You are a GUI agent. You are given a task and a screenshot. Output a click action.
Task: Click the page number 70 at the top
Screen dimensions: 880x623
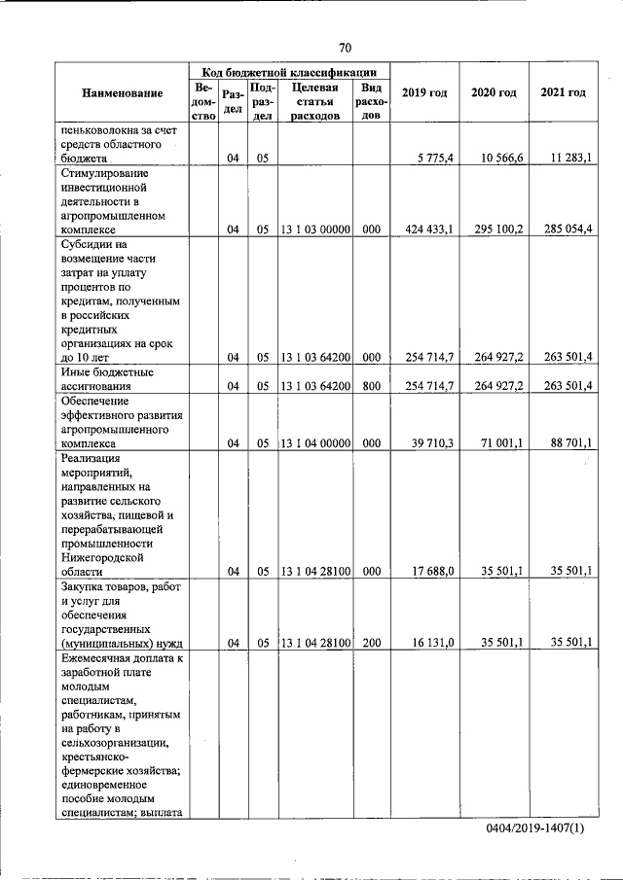point(345,48)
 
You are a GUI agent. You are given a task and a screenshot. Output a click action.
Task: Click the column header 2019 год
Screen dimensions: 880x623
point(424,92)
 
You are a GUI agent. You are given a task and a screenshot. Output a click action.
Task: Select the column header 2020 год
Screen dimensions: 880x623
point(494,92)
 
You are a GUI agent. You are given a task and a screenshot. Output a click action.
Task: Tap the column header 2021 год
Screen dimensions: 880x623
point(562,92)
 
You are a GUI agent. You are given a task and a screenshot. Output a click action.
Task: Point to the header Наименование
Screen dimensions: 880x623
point(122,92)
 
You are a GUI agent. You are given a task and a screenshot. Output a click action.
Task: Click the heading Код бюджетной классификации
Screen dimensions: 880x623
point(289,72)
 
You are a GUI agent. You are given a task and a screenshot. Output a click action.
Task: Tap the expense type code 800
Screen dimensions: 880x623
point(370,386)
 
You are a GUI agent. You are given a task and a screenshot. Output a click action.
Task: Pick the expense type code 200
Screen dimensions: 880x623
point(370,643)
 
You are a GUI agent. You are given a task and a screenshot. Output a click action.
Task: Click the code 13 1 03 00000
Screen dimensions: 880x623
point(315,229)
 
